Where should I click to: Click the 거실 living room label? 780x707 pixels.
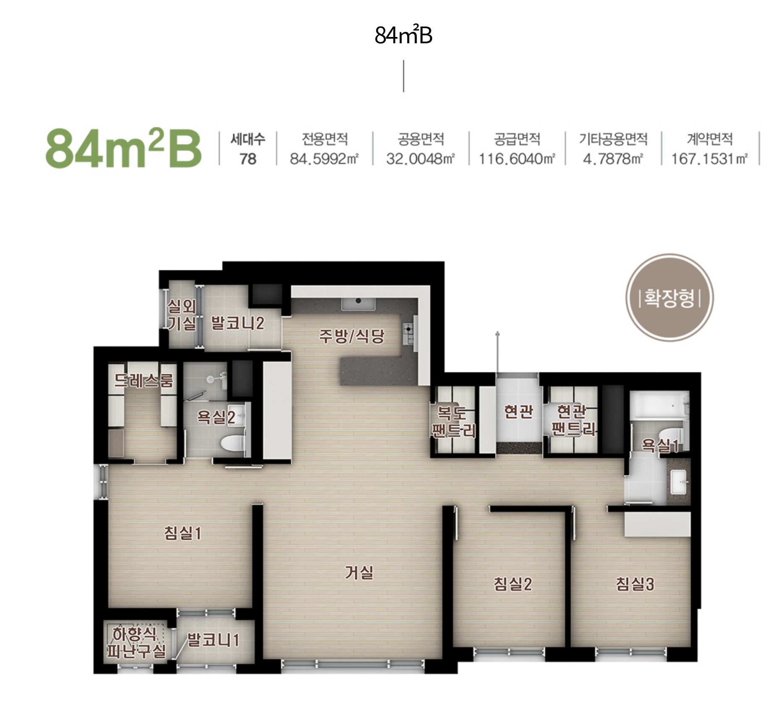coord(359,572)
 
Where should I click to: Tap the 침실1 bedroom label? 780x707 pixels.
coord(183,533)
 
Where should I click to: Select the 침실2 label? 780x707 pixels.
coord(513,584)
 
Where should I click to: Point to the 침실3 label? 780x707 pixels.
coord(635,584)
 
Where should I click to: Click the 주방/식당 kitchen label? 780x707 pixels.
coord(352,336)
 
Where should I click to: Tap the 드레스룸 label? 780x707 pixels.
coord(143,380)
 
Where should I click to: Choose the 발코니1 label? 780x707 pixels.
coord(213,640)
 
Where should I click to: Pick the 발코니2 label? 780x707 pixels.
coord(237,323)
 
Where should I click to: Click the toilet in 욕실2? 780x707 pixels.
coord(232,443)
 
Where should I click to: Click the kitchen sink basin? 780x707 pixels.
coord(358,303)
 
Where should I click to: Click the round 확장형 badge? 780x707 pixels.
coord(669,298)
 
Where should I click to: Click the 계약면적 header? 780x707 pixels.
coord(710,139)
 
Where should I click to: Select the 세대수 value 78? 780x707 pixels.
coord(248,159)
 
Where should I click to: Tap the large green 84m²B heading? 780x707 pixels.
coord(124,148)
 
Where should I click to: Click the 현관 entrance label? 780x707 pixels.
coord(518,412)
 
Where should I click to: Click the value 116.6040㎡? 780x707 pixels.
coord(517,159)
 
